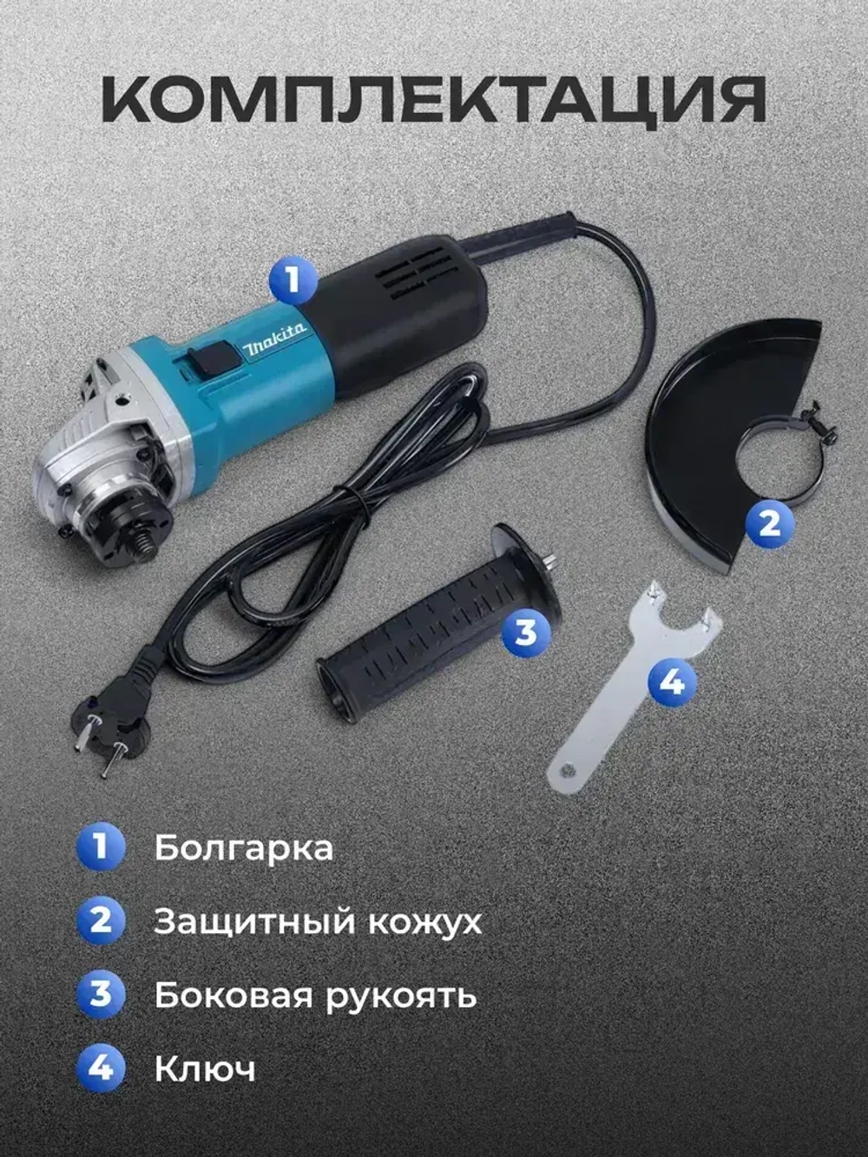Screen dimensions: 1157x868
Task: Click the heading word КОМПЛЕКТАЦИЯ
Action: point(434,102)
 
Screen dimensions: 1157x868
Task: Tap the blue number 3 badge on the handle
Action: point(526,632)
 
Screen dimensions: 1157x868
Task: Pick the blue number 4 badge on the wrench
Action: point(671,682)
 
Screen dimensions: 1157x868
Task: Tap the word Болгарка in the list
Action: point(244,848)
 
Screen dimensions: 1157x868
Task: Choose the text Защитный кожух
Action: point(318,922)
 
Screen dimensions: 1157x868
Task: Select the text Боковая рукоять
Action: point(315,996)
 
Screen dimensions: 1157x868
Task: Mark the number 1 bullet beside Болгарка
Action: point(101,846)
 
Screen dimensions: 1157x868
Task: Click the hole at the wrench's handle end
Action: point(567,768)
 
